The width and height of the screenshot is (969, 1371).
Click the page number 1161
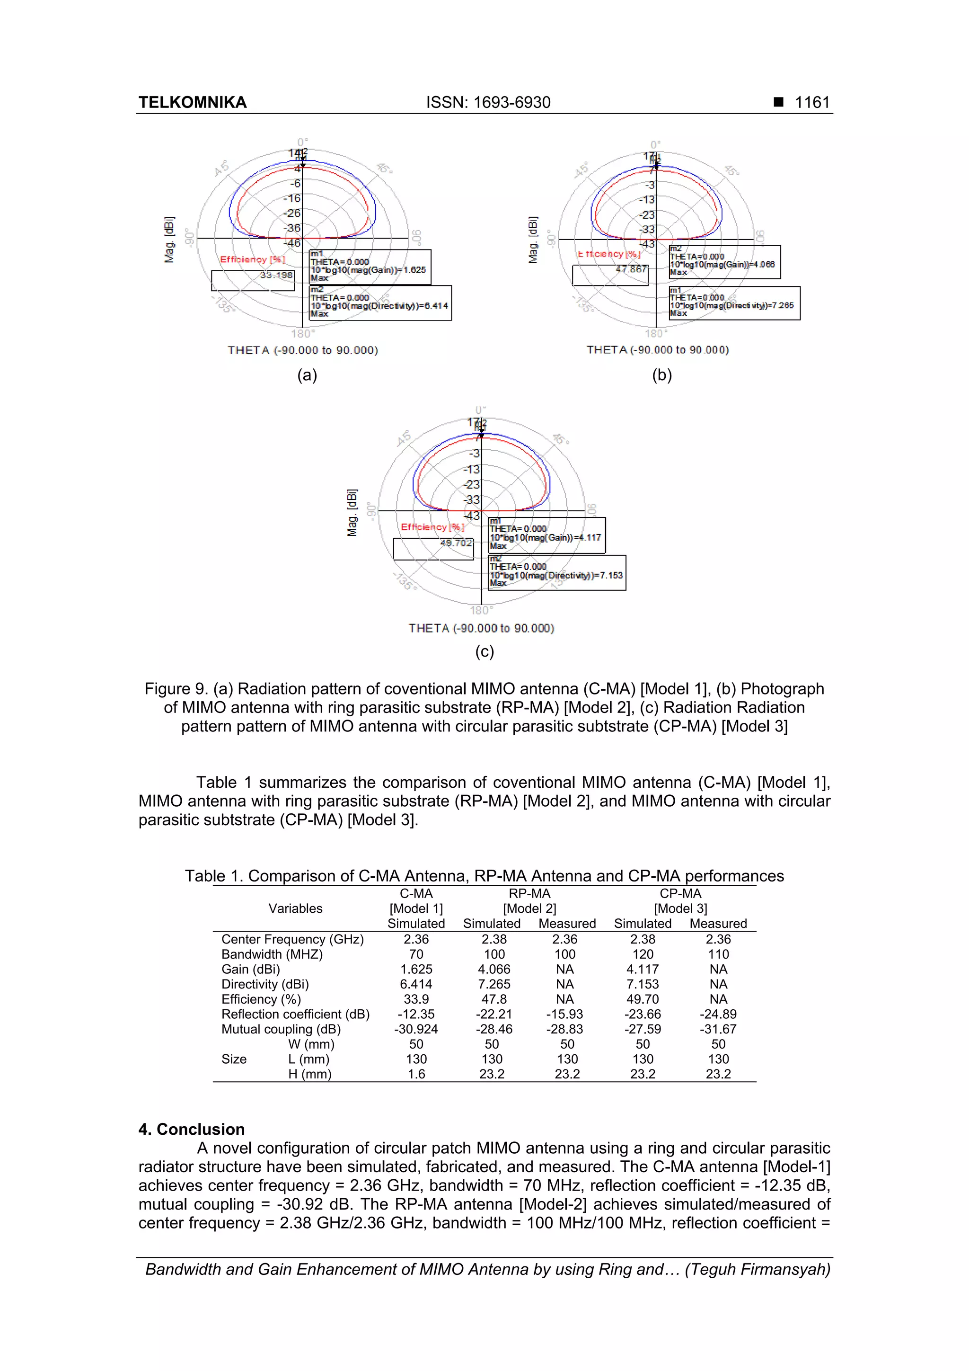(x=811, y=103)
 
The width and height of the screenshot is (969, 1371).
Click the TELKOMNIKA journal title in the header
(x=192, y=103)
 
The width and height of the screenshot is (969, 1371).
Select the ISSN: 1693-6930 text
(x=488, y=103)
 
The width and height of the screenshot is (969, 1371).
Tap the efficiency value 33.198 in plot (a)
(x=276, y=275)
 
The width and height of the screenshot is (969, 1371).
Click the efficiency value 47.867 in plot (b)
(x=631, y=269)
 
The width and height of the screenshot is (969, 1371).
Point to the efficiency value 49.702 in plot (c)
(x=456, y=543)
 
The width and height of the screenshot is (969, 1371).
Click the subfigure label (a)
(x=307, y=375)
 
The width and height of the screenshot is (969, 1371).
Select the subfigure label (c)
(x=484, y=651)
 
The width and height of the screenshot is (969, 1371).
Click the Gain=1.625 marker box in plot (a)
(x=370, y=267)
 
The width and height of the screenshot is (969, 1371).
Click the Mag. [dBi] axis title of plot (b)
(x=533, y=240)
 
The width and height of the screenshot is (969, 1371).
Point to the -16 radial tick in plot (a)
(x=292, y=198)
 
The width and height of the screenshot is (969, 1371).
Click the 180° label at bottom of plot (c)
(x=481, y=610)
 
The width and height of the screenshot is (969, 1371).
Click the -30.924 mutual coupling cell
(x=416, y=1030)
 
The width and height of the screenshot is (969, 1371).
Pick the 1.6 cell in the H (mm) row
(x=416, y=1074)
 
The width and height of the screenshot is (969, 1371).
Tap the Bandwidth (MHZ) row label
(x=272, y=955)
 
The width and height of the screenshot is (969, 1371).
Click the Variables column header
(x=295, y=909)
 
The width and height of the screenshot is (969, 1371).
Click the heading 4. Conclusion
(x=192, y=1129)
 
